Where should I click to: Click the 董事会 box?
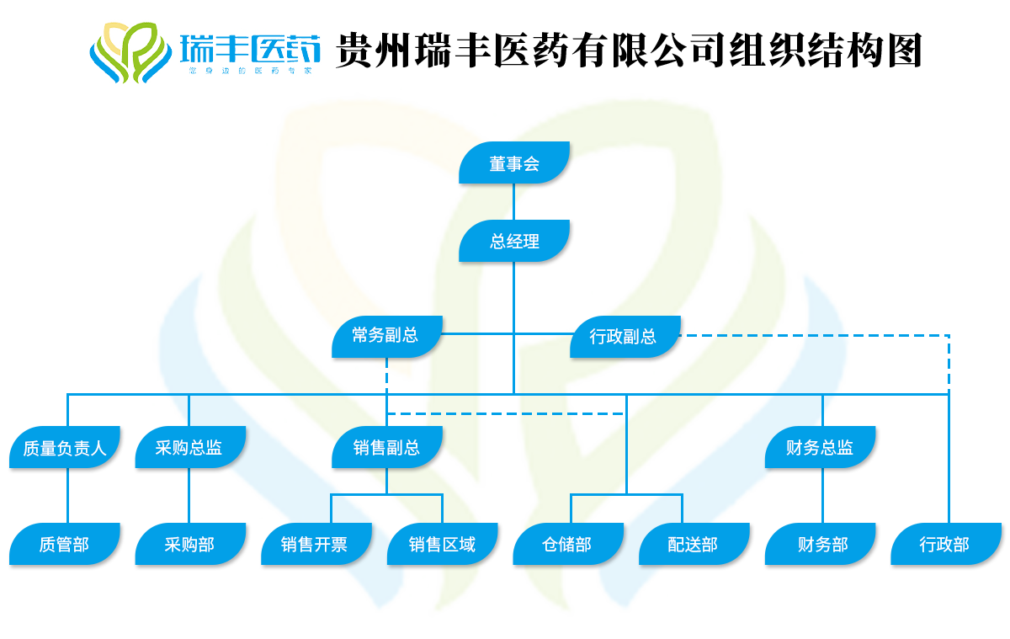click(x=514, y=163)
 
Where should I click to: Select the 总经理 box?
click(x=514, y=242)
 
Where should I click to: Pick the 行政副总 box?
click(x=624, y=338)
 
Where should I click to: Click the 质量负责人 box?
click(x=65, y=449)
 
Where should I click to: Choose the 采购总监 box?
click(x=189, y=448)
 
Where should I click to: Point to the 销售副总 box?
click(x=387, y=448)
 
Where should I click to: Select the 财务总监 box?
click(x=820, y=448)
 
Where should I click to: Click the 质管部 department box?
click(x=64, y=545)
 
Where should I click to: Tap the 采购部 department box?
click(x=190, y=545)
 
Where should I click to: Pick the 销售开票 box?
click(x=315, y=545)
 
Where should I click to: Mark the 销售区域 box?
click(x=443, y=545)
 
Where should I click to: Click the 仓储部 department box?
click(x=567, y=545)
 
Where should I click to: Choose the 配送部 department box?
click(x=694, y=545)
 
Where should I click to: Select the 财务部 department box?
click(x=821, y=545)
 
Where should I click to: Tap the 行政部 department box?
click(x=946, y=545)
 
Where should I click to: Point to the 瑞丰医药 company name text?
click(x=250, y=49)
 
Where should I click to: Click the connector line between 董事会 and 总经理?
click(x=514, y=202)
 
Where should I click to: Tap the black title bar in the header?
click(x=628, y=50)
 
